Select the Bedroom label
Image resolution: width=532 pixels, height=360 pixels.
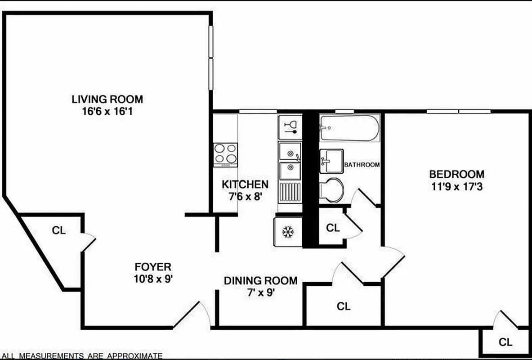(x=456, y=174)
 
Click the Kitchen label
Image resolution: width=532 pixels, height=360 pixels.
(x=245, y=184)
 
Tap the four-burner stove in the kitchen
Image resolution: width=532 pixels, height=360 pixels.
(x=225, y=154)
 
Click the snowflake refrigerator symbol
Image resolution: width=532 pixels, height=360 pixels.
(x=287, y=232)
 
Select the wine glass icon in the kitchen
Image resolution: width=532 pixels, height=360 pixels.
(x=290, y=126)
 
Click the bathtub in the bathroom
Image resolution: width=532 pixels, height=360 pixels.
(x=349, y=128)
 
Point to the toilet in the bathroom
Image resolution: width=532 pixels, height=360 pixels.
(x=332, y=189)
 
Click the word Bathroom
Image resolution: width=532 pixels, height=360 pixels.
(x=362, y=165)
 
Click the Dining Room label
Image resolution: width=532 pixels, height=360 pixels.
(x=261, y=281)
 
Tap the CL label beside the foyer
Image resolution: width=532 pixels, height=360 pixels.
(x=59, y=230)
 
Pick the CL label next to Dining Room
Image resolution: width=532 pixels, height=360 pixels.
(x=344, y=306)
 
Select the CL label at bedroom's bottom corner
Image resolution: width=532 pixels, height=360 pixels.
(x=505, y=342)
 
